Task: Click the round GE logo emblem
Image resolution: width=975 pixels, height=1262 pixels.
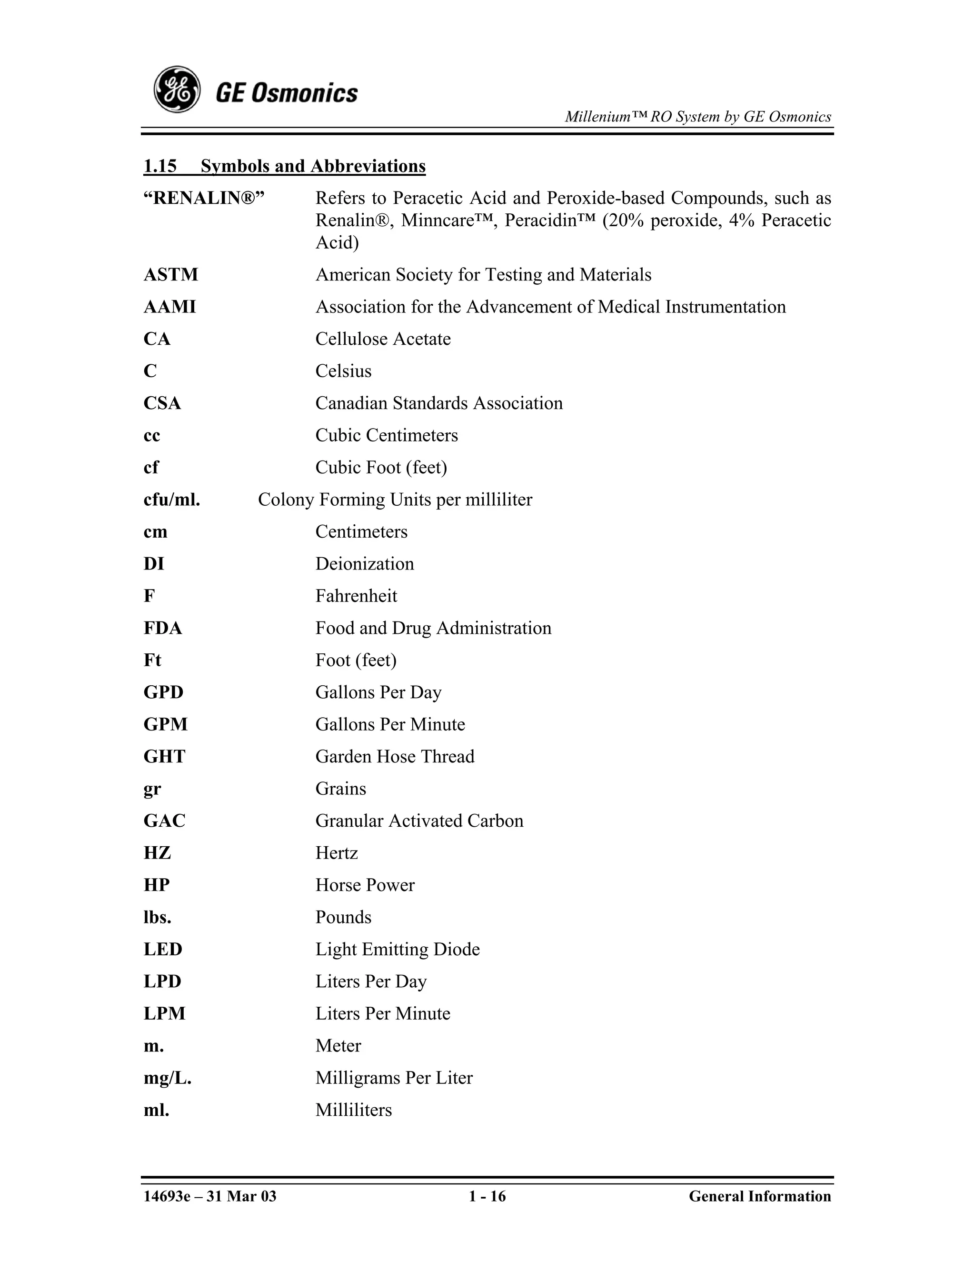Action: pos(177,90)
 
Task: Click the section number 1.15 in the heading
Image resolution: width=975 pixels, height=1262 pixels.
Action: pos(160,166)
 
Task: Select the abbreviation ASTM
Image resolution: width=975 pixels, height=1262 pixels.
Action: pos(170,274)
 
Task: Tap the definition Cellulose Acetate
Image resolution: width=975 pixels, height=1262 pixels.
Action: pos(382,339)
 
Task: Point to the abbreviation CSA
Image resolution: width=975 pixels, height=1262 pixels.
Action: pos(162,403)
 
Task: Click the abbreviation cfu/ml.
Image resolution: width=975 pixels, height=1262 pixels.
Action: pos(171,499)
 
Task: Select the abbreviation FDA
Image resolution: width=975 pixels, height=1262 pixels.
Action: pos(162,628)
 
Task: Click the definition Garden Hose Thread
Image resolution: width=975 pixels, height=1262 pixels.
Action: pos(395,756)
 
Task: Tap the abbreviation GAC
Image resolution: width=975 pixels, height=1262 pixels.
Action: pos(164,821)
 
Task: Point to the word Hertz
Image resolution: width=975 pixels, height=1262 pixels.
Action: pos(336,853)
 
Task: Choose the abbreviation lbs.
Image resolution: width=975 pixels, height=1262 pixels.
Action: pos(157,917)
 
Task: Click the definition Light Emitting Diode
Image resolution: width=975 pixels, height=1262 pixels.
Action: pos(397,950)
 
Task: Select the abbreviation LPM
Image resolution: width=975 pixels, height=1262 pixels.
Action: pos(164,1013)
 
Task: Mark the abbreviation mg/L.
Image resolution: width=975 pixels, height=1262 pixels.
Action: pos(167,1078)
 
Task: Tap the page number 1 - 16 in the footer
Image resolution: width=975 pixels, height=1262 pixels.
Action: pos(487,1196)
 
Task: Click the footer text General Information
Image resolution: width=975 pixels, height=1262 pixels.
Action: pos(759,1196)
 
